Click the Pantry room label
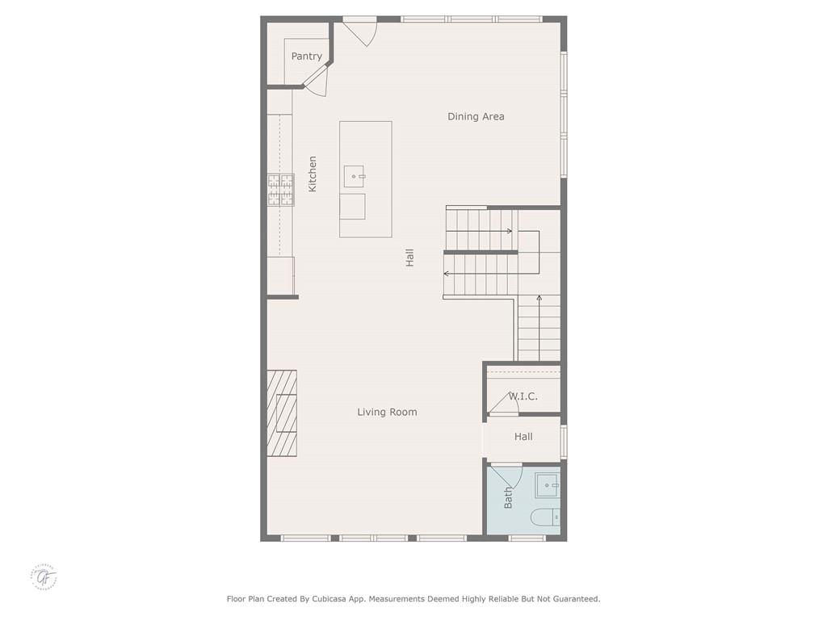click(307, 57)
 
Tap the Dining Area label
click(476, 116)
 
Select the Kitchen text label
click(313, 174)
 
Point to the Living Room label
click(387, 412)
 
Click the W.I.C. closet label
click(523, 396)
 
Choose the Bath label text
click(508, 497)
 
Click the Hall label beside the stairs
click(410, 258)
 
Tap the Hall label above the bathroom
click(523, 437)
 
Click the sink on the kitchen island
click(354, 175)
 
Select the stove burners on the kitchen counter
click(280, 191)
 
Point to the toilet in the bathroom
click(546, 517)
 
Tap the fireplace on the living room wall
click(283, 413)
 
